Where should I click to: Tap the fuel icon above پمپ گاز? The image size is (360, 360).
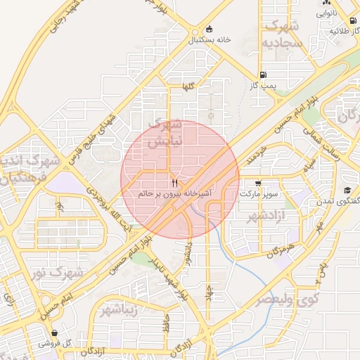click(263, 75)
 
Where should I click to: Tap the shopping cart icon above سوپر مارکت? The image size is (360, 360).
click(259, 181)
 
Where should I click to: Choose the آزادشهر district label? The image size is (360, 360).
click(261, 213)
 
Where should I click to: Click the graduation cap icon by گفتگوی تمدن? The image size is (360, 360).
click(347, 191)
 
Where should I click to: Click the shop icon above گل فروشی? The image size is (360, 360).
click(55, 333)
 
